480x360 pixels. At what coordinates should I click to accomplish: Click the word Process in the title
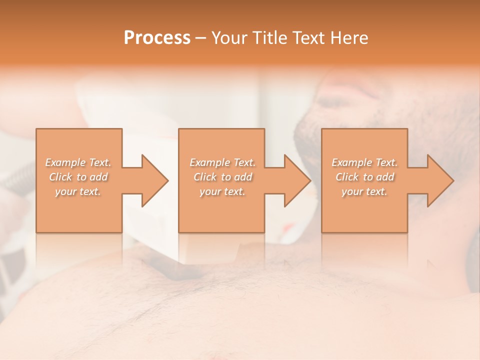click(157, 38)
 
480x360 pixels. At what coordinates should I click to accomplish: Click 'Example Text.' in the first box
click(78, 162)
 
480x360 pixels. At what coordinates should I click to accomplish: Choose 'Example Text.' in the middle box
click(222, 162)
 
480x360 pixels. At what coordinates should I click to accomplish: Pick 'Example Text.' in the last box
click(364, 162)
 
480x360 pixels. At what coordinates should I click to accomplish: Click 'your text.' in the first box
click(78, 191)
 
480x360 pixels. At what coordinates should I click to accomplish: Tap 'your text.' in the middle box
click(222, 191)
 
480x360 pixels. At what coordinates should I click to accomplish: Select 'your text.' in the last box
click(364, 191)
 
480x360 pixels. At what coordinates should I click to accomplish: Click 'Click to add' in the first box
click(78, 177)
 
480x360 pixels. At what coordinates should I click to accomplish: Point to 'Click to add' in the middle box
click(222, 177)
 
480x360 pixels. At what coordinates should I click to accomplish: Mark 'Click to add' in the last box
click(364, 177)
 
